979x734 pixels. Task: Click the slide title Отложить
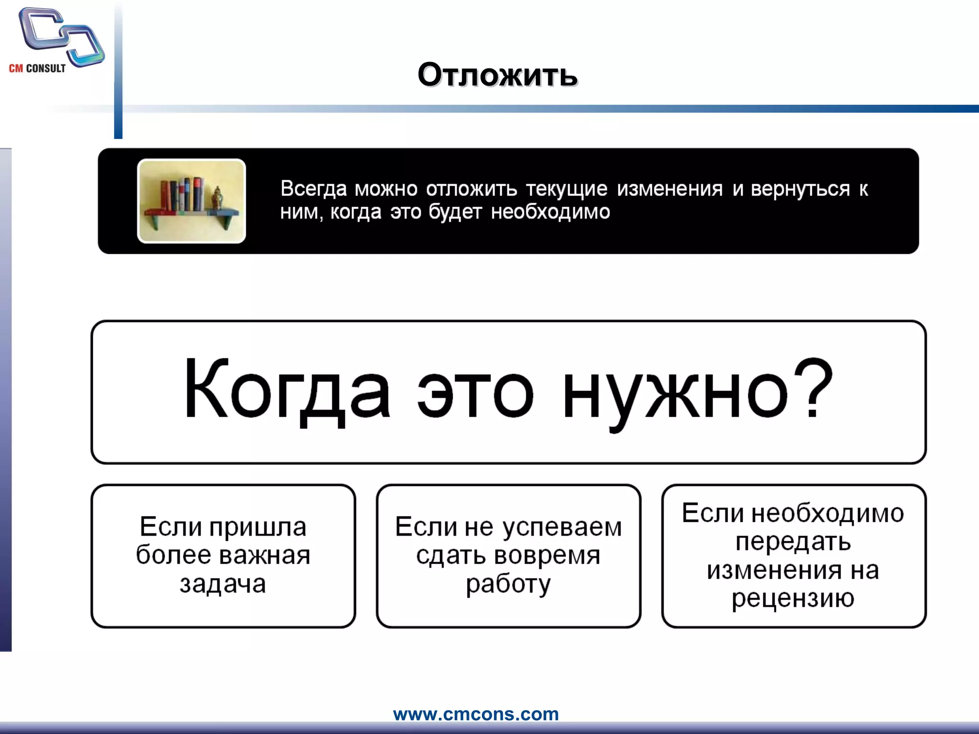tap(498, 75)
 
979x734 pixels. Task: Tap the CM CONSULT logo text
tap(37, 68)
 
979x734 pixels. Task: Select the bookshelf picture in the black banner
tap(191, 201)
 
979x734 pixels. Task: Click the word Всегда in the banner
tap(313, 189)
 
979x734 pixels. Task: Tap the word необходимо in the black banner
tap(550, 212)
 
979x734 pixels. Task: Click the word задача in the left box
tap(223, 583)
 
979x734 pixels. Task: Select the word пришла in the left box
tap(258, 527)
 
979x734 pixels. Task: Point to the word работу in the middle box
tap(508, 584)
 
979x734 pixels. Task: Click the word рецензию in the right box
tap(793, 598)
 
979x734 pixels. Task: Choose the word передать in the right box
tap(793, 541)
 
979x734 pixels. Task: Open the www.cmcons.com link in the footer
tap(476, 714)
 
